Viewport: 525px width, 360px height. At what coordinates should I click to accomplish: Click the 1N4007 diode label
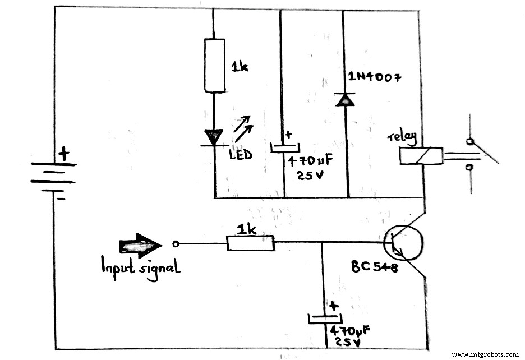coord(375,78)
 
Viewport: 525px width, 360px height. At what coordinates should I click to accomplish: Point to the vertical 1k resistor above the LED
coord(214,66)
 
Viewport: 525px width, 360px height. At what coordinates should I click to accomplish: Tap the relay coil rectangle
coord(421,156)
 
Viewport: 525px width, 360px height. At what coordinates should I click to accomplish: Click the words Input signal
coord(140,268)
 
